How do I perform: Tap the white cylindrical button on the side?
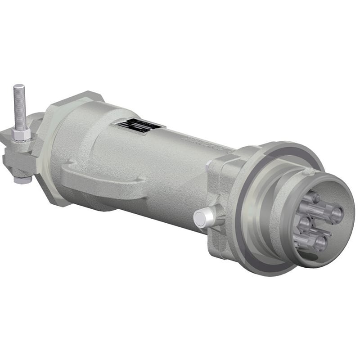coord(203,218)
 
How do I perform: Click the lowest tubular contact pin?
coord(317,243)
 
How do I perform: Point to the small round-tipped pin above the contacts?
coord(316,198)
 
